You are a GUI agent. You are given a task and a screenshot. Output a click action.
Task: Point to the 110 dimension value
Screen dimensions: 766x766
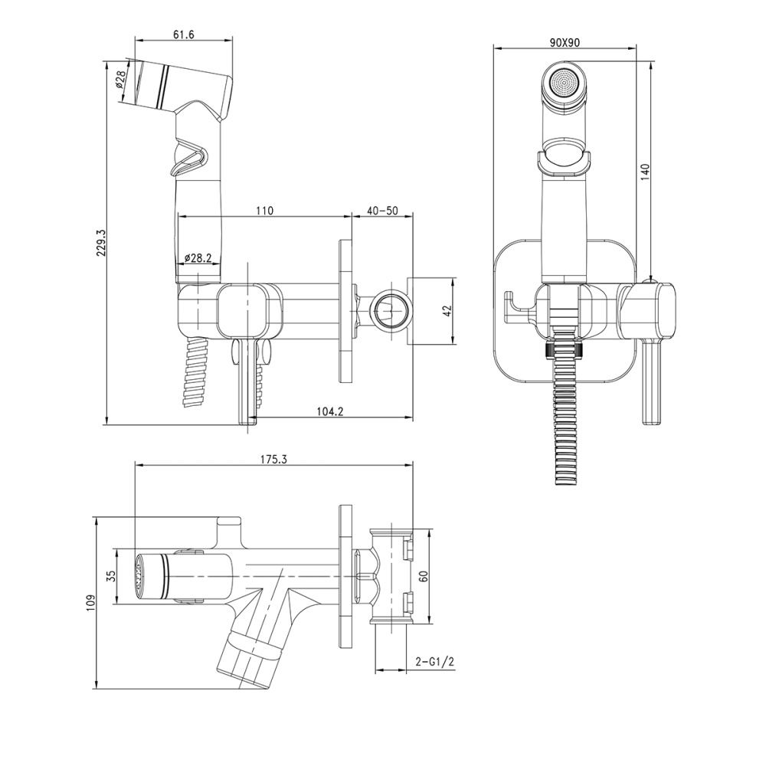264,211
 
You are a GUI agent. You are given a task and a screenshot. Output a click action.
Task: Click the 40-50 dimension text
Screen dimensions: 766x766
382,211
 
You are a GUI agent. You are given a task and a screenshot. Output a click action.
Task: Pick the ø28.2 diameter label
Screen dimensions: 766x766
198,259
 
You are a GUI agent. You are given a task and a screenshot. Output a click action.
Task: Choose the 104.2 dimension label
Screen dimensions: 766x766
329,412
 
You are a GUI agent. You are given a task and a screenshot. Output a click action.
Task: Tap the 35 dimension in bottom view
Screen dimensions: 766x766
110,576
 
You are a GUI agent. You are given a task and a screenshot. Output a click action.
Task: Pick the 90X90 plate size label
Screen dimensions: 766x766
565,43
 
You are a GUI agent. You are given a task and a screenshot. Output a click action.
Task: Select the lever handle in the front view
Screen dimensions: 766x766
650,383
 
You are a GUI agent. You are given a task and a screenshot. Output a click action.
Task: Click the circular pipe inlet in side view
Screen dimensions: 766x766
390,309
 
